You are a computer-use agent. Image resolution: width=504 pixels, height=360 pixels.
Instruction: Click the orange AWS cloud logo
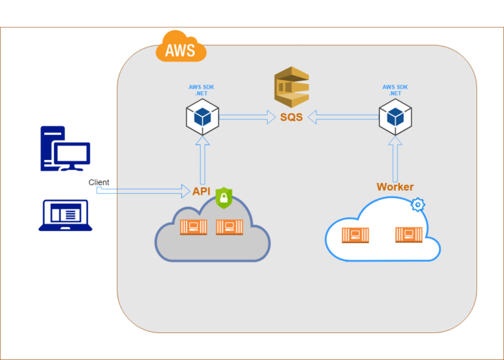(x=180, y=47)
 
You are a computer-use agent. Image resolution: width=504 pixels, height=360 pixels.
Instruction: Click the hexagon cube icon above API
(x=201, y=117)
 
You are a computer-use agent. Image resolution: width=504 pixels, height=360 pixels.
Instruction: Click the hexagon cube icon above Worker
(x=395, y=117)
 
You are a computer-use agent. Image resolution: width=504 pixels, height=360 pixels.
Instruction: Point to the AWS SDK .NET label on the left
(x=201, y=90)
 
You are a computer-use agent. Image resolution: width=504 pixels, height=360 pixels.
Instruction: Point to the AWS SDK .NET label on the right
(x=395, y=90)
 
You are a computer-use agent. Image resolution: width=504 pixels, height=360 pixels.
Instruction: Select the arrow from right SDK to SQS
(x=343, y=117)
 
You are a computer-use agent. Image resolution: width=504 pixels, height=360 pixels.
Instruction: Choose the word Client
(x=99, y=182)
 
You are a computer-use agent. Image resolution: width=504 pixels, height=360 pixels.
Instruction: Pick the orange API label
(x=201, y=191)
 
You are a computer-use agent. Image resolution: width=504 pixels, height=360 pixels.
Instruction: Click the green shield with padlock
(x=224, y=197)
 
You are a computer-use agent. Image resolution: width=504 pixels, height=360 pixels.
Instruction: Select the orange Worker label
(x=395, y=187)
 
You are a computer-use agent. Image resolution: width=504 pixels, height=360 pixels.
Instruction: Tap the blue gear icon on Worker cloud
(x=417, y=205)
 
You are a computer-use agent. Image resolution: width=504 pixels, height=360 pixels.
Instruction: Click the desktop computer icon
(x=65, y=149)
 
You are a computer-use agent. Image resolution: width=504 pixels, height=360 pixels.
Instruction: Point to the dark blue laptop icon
(x=65, y=216)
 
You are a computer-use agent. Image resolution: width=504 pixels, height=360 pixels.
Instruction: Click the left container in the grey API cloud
(x=194, y=227)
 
